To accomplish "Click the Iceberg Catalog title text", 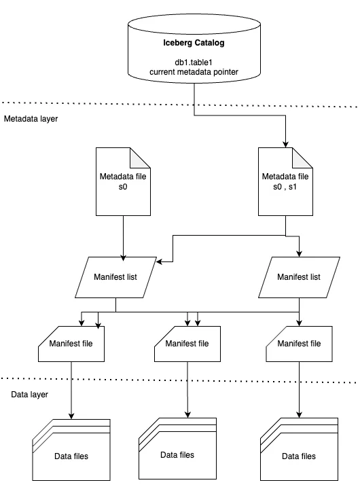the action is (194, 43).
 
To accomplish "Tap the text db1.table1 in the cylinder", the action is (194, 62).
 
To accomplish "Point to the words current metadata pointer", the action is (194, 72).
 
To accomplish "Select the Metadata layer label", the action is (31, 119).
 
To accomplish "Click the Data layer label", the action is (30, 395).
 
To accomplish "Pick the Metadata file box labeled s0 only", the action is (123, 181).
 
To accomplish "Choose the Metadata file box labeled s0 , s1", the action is (285, 181).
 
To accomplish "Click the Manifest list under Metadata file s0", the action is (115, 277).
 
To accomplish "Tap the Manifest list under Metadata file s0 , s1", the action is (299, 277).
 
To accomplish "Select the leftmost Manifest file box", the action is (71, 344).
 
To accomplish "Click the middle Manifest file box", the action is (187, 344).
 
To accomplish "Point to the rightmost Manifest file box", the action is (299, 344).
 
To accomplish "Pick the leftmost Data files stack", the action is (71, 450).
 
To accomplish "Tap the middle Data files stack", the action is (177, 448).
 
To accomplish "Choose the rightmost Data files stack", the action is (299, 449).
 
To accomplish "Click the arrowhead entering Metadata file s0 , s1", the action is (285, 144).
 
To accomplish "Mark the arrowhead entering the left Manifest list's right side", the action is (160, 261).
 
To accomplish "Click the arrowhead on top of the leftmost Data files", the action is (71, 416).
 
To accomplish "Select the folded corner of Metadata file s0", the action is (140, 158).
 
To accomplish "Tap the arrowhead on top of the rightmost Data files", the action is (299, 414).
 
